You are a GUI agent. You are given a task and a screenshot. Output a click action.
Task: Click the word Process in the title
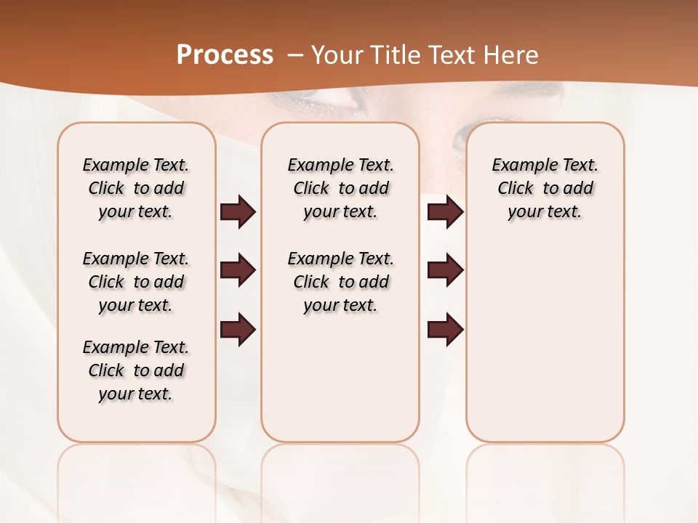coord(225,55)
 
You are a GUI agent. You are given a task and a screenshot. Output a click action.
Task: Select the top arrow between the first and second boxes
coord(238,211)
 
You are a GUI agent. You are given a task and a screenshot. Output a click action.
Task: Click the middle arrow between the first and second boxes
coord(238,270)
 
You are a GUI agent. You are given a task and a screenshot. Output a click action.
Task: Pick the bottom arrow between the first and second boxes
coord(238,330)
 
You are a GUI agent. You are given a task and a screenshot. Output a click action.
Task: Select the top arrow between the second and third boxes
coord(445,211)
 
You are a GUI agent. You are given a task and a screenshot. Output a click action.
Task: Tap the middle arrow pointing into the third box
coord(445,270)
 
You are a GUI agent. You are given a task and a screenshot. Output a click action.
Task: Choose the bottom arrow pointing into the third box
coord(445,330)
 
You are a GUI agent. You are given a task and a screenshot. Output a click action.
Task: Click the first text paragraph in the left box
coord(136,188)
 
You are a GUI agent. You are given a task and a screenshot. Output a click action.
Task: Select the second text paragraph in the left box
coord(136,282)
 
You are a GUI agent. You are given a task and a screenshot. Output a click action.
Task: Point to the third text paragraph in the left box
coord(136,370)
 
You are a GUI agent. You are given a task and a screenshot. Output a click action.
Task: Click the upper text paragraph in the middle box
coord(340,188)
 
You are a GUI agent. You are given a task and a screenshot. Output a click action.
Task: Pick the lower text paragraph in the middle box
coord(340,282)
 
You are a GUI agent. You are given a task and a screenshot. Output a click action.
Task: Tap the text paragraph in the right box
coord(545,188)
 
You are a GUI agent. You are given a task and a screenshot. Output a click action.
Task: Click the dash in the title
coord(295,55)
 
